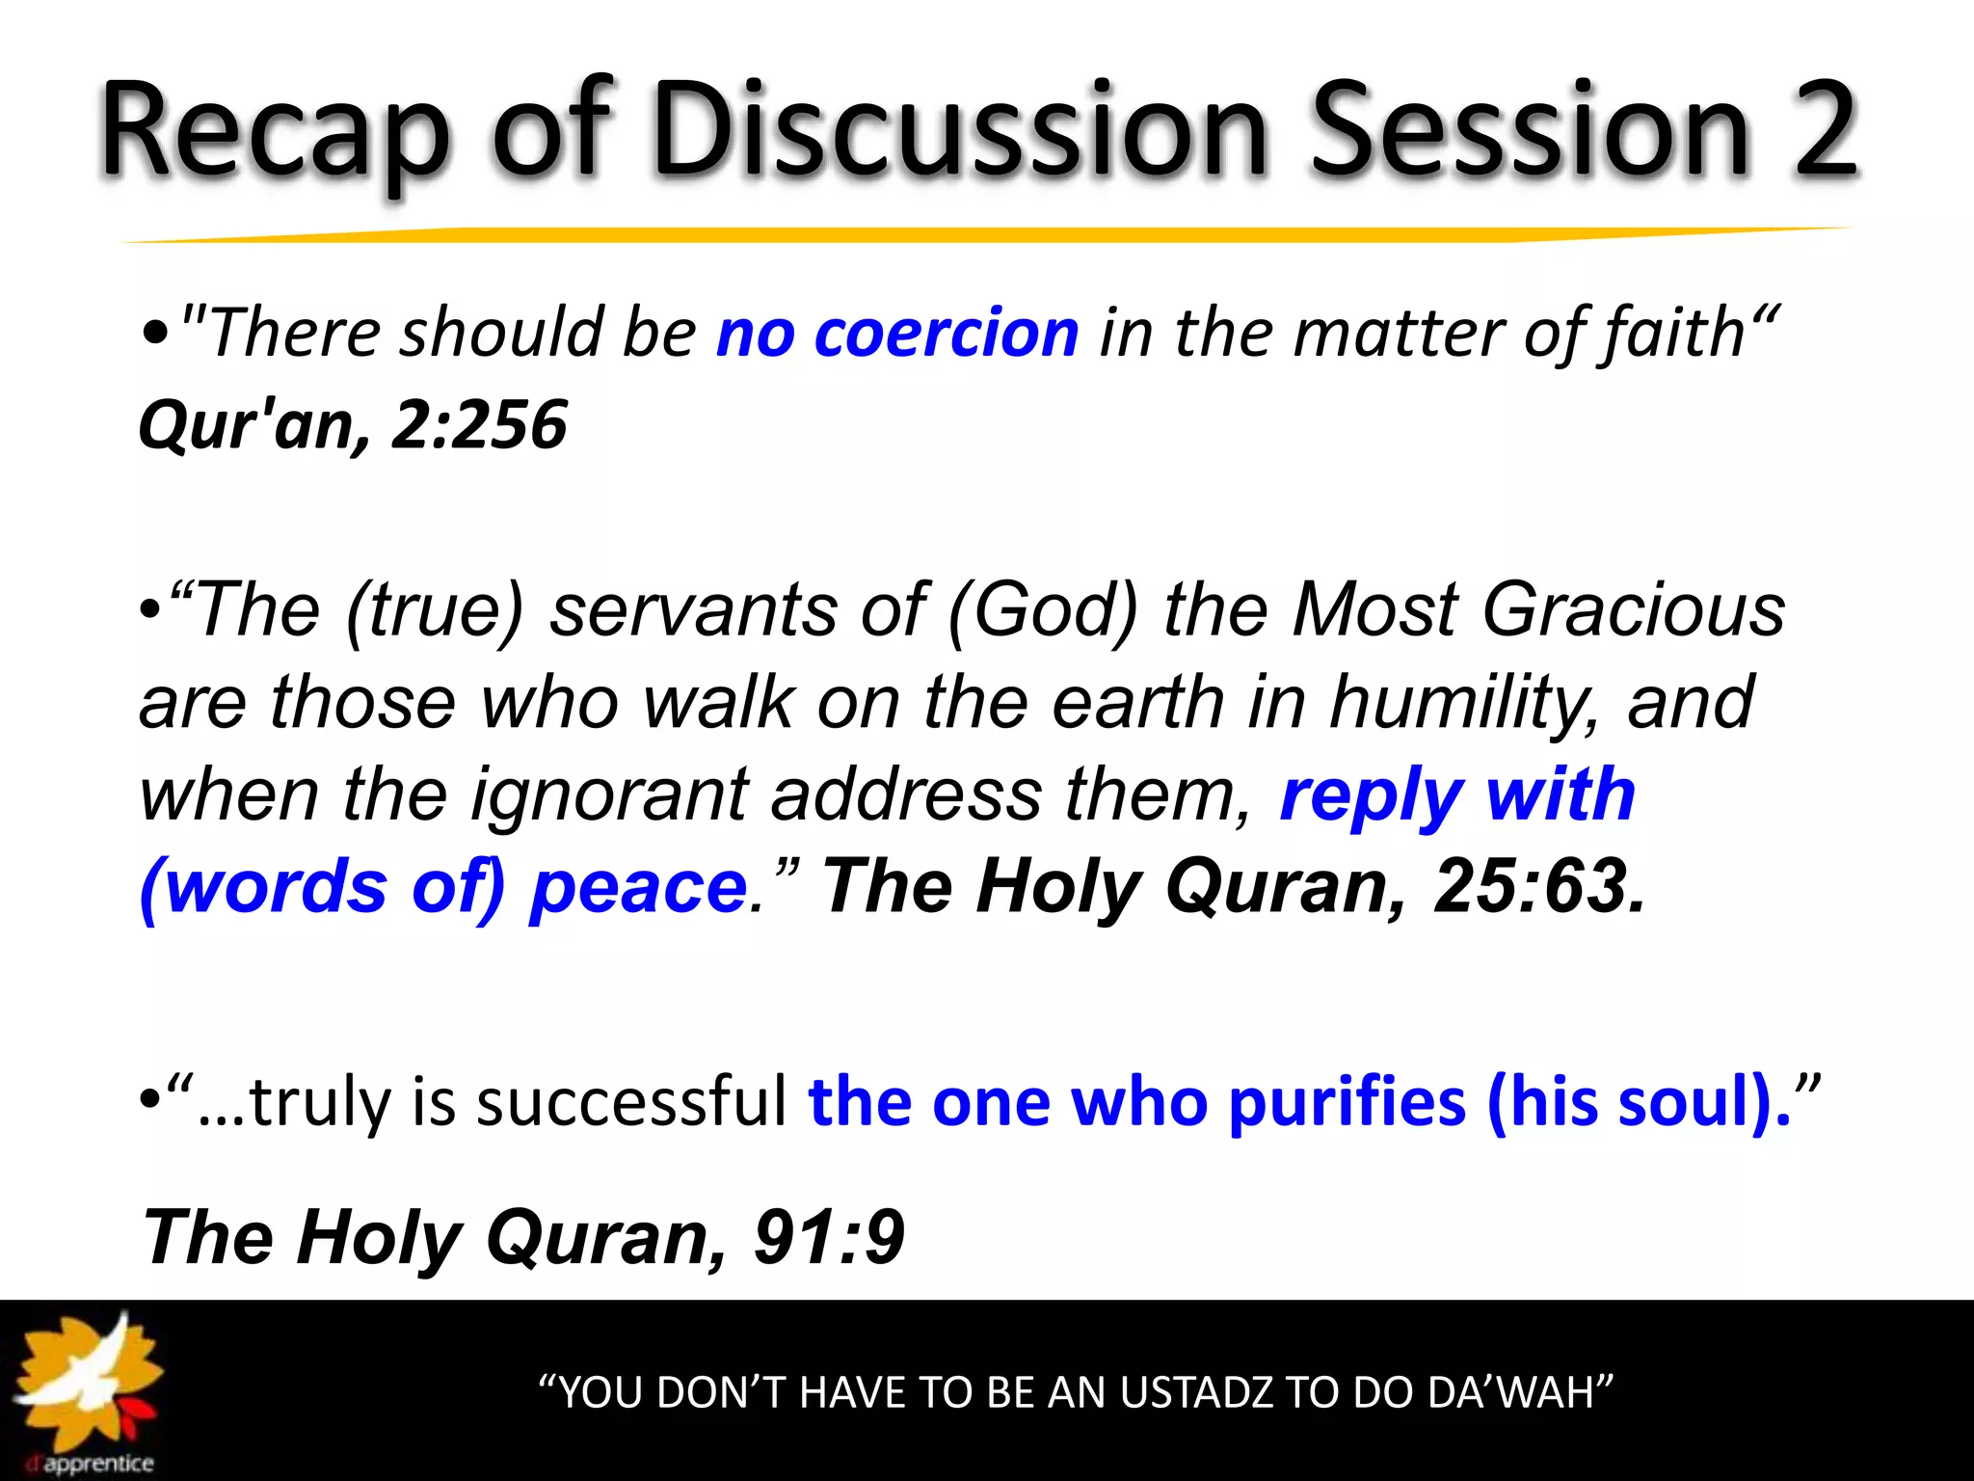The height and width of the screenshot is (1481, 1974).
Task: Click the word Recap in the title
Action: [x=275, y=130]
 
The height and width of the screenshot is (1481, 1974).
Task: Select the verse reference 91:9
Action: [x=829, y=1237]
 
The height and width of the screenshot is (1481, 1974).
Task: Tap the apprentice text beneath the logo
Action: [x=96, y=1464]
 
